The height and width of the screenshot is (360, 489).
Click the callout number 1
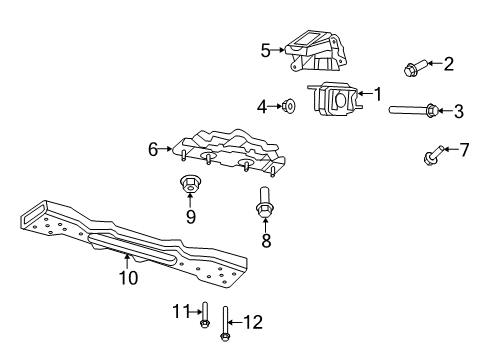pos(378,94)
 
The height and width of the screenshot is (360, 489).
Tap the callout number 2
pos(448,65)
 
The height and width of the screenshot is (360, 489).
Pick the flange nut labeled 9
pos(189,183)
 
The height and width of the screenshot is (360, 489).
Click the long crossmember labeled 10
pos(140,245)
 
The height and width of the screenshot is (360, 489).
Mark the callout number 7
pos(463,150)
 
